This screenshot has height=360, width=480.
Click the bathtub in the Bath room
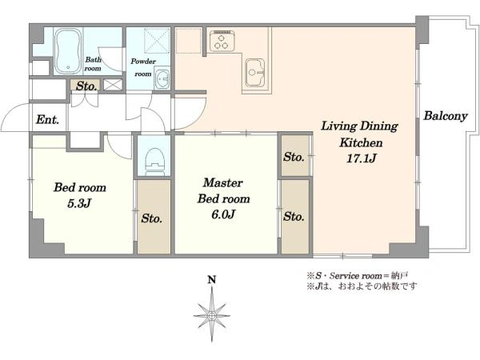(69, 51)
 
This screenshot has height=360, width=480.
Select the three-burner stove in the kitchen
(222, 41)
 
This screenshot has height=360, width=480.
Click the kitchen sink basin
(254, 73)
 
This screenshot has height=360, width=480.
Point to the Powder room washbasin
(162, 79)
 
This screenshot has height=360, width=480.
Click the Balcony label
(446, 116)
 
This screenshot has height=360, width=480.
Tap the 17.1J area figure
(362, 158)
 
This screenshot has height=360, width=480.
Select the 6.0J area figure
(223, 214)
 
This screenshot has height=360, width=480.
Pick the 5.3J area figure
(79, 203)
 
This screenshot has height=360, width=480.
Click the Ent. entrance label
(47, 119)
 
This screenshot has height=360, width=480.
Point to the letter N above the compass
(212, 280)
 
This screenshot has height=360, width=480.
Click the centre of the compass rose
(212, 315)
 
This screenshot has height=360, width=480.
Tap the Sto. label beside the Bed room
(151, 218)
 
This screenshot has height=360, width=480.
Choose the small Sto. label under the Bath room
(86, 86)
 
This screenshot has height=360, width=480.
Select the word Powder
(143, 62)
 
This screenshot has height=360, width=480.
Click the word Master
(223, 182)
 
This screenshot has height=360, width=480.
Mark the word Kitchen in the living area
(361, 142)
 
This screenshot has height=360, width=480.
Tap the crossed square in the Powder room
(157, 41)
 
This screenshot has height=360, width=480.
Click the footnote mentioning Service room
(358, 276)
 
